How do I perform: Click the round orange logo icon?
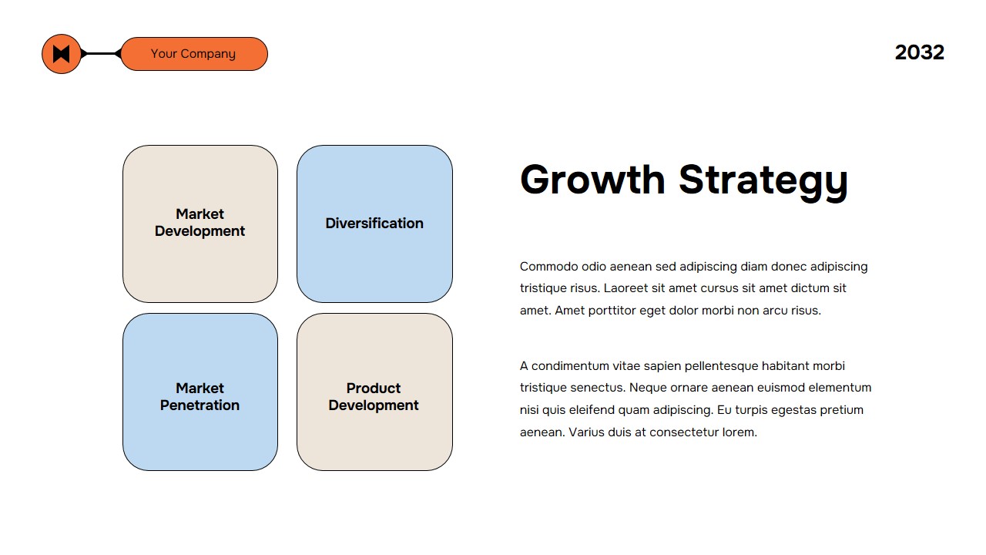tap(62, 54)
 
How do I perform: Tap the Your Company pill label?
tap(194, 54)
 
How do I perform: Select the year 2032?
tap(920, 52)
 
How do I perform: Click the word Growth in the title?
tap(592, 180)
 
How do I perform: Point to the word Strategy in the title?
tap(763, 181)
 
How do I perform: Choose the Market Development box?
tap(200, 224)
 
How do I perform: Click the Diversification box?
tap(374, 224)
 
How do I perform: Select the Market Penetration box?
tap(200, 392)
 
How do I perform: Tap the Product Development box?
tap(374, 392)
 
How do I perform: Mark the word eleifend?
tap(592, 410)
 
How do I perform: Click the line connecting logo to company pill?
tap(101, 54)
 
